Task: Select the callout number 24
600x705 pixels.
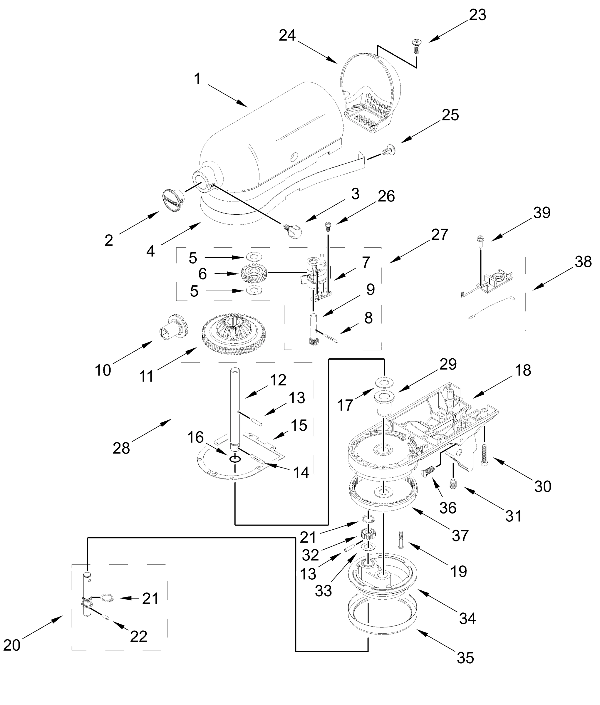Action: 287,35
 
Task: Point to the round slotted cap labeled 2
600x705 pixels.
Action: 173,199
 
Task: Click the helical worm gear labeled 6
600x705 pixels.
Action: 254,273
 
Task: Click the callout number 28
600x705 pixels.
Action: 121,448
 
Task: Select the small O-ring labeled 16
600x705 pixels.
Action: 235,459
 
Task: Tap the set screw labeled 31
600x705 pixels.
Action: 452,484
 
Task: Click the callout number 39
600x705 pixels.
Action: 542,213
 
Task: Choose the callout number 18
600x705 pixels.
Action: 523,370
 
